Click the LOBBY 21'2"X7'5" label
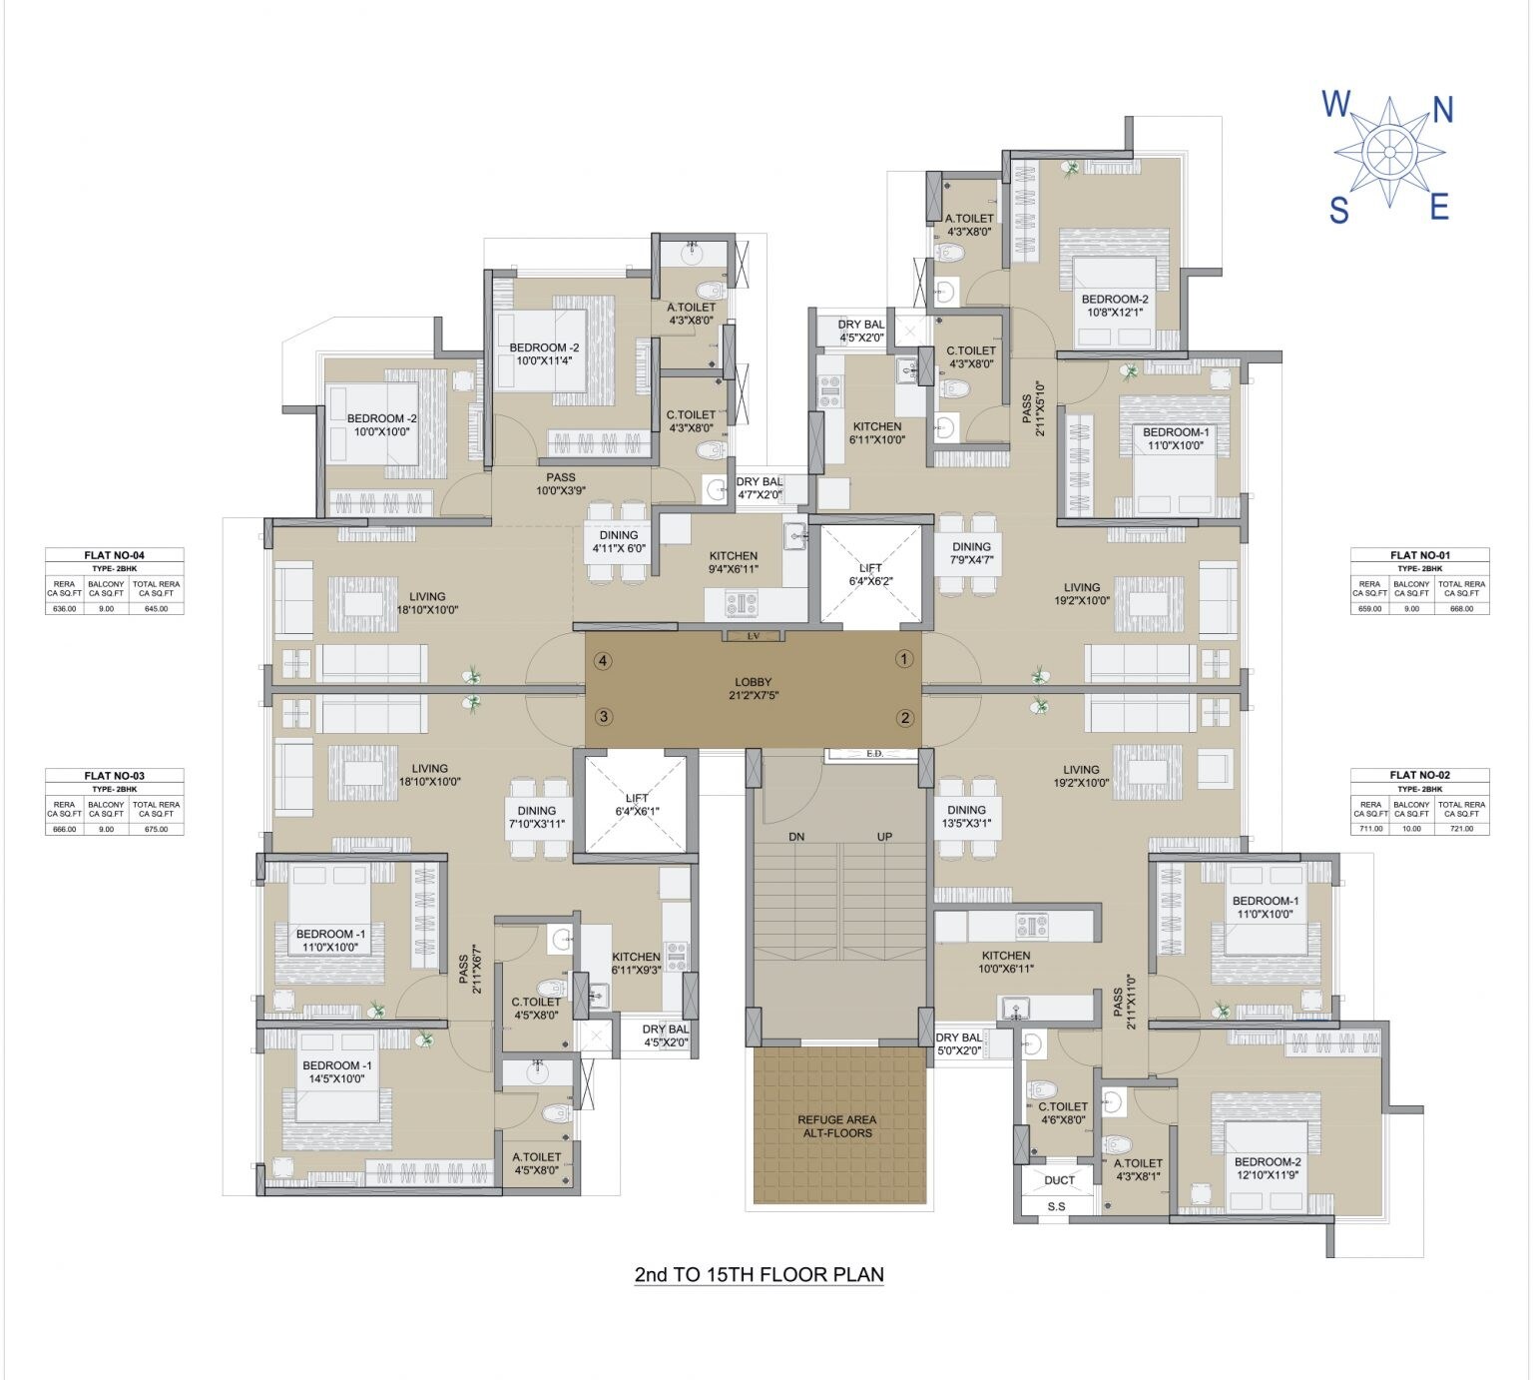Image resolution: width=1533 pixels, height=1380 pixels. (753, 688)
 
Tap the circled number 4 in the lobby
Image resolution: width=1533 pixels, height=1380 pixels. (602, 660)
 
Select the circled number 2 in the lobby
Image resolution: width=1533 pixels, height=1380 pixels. (904, 717)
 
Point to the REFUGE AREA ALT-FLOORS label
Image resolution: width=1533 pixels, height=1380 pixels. (836, 1126)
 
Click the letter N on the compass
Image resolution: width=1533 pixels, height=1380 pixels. (1442, 110)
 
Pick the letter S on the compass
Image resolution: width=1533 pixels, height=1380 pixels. (1338, 211)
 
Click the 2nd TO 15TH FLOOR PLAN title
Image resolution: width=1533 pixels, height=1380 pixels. (759, 1274)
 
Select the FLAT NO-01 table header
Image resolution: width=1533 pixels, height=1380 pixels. (1419, 555)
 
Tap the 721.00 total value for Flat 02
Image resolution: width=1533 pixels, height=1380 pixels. (1461, 828)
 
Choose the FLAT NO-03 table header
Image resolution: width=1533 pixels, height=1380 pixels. (114, 775)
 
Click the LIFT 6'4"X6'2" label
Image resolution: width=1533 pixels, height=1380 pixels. (870, 574)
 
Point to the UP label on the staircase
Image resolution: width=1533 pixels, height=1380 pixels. (884, 837)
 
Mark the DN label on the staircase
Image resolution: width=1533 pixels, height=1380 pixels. (796, 837)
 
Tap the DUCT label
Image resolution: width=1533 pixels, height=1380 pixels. (1059, 1179)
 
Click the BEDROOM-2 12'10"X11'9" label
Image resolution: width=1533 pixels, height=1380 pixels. (1268, 1168)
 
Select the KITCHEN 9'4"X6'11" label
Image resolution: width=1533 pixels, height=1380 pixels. (734, 562)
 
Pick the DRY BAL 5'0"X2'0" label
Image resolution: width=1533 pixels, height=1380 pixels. (959, 1043)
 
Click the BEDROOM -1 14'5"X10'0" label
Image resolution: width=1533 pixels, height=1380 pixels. (337, 1072)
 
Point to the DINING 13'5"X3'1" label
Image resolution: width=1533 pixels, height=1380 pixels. (966, 817)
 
